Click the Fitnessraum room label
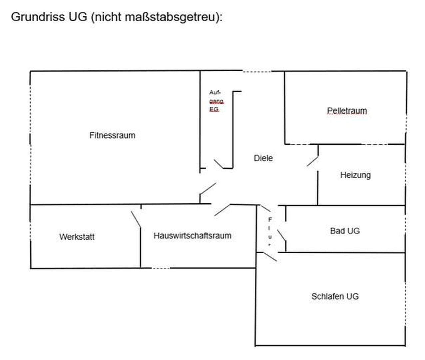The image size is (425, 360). tap(112, 135)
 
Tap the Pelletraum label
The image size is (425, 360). tap(347, 111)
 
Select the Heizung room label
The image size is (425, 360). tap(355, 175)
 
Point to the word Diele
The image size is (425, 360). tap(263, 158)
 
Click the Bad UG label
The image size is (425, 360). tap(345, 231)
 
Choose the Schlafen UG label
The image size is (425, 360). tap(335, 296)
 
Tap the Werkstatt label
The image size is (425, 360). tap(77, 237)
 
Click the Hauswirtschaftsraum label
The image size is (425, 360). tap(192, 236)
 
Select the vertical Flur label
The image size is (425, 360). tap(270, 232)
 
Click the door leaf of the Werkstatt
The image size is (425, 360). tap(136, 219)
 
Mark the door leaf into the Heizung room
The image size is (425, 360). tap(312, 161)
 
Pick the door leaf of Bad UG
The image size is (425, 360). tap(281, 236)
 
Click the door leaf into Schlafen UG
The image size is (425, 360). tap(270, 256)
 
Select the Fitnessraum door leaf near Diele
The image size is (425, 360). tap(208, 188)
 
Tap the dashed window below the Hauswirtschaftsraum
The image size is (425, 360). tap(161, 268)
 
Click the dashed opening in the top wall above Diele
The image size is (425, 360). tap(257, 71)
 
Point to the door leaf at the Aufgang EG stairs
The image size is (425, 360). tap(218, 164)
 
